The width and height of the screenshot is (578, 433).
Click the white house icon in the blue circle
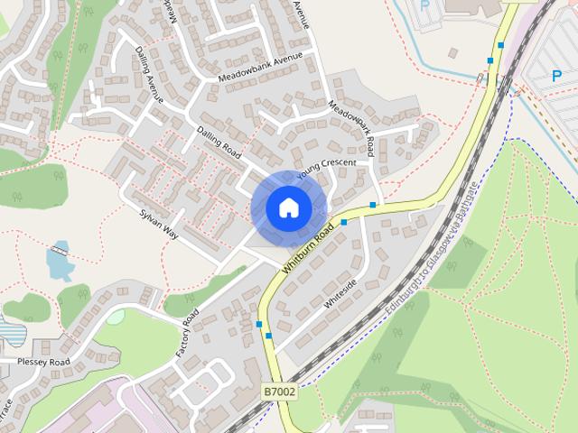[288, 207]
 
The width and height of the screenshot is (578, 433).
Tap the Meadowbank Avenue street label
[259, 69]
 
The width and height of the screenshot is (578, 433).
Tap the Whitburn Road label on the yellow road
[308, 250]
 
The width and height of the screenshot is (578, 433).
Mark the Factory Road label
[188, 333]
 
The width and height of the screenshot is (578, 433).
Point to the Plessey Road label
[43, 362]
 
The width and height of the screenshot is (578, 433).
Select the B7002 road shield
[280, 392]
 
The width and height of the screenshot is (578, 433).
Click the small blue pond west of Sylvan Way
[58, 262]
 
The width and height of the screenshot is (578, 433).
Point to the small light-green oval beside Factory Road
[116, 317]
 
